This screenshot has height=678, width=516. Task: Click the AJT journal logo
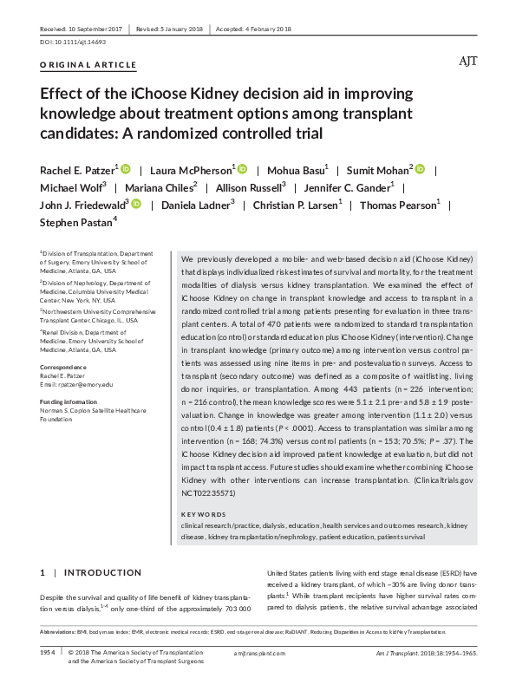(x=467, y=62)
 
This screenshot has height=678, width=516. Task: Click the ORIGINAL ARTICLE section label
(x=88, y=65)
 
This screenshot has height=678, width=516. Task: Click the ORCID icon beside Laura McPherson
(x=242, y=168)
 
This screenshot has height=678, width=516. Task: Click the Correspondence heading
(x=65, y=368)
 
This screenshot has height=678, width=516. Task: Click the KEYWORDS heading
(x=205, y=515)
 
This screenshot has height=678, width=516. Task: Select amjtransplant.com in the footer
(x=258, y=650)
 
